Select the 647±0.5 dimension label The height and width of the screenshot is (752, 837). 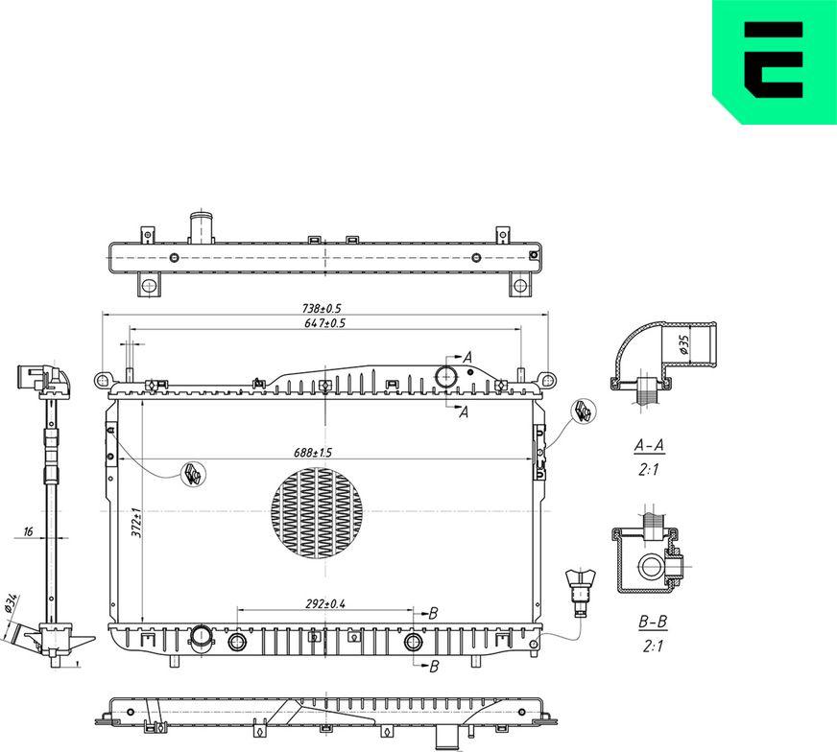323,324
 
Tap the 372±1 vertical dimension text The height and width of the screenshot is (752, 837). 137,523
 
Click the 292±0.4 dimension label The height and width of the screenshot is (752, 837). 326,603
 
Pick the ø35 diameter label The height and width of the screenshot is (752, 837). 684,345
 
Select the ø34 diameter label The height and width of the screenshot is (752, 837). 12,603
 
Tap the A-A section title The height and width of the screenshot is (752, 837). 651,446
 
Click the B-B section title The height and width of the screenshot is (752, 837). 653,623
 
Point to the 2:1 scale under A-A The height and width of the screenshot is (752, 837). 651,470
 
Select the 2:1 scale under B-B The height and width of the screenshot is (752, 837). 653,646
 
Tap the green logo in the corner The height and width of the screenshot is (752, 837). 773,61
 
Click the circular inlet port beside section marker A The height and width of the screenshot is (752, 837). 446,376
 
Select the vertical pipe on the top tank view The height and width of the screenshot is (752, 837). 201,228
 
